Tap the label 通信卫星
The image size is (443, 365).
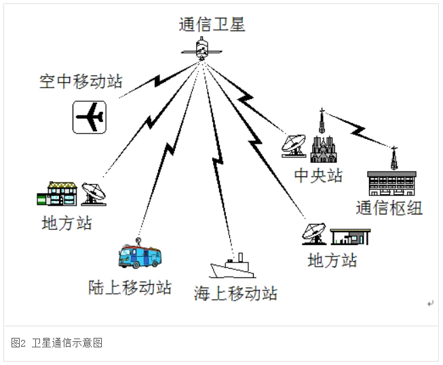(212, 25)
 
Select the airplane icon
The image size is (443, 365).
(90, 117)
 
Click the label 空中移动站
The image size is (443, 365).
(81, 82)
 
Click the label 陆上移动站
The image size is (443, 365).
(130, 287)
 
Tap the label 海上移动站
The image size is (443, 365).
(235, 294)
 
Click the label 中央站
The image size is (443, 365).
(318, 176)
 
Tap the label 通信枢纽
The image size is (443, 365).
(389, 208)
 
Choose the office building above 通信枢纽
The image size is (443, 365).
(391, 182)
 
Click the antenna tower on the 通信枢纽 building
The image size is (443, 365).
(393, 157)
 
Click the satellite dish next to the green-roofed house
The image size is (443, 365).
(93, 193)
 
